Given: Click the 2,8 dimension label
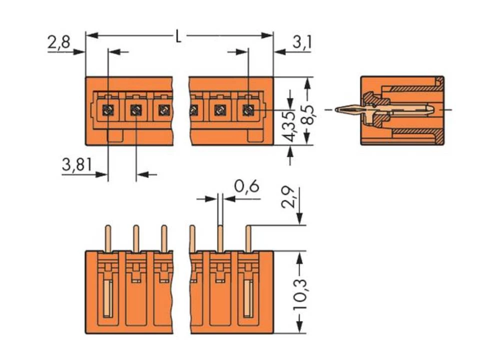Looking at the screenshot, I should click(58, 43).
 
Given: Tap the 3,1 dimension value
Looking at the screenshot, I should click(301, 43).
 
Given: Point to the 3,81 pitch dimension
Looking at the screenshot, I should click(76, 165).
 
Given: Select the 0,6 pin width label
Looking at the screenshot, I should click(246, 186).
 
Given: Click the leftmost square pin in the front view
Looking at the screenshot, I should click(108, 109).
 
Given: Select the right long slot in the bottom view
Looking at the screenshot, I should click(248, 298).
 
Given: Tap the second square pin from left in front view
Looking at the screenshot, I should click(136, 109).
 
